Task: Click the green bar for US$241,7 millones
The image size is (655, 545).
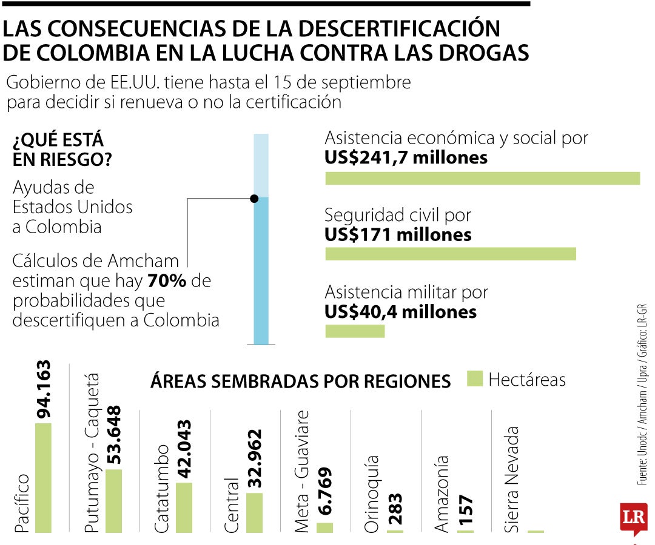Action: click(x=483, y=178)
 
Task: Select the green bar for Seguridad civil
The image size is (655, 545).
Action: click(x=451, y=254)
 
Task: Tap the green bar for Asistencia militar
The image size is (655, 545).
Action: click(x=355, y=331)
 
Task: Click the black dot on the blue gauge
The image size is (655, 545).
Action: click(x=254, y=199)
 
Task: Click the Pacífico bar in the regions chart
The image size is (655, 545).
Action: click(x=43, y=478)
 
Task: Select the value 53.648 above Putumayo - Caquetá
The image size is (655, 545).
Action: click(x=113, y=435)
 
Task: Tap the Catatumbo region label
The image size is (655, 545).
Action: click(x=161, y=489)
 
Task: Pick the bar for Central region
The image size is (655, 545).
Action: click(x=254, y=512)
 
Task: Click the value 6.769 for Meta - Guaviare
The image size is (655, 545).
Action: click(x=324, y=492)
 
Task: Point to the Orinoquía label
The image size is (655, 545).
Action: click(x=372, y=493)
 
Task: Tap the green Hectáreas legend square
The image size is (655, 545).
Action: click(x=475, y=379)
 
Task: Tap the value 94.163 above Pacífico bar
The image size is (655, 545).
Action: click(x=44, y=389)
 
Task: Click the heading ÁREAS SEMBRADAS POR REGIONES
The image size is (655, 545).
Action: click(x=300, y=381)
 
